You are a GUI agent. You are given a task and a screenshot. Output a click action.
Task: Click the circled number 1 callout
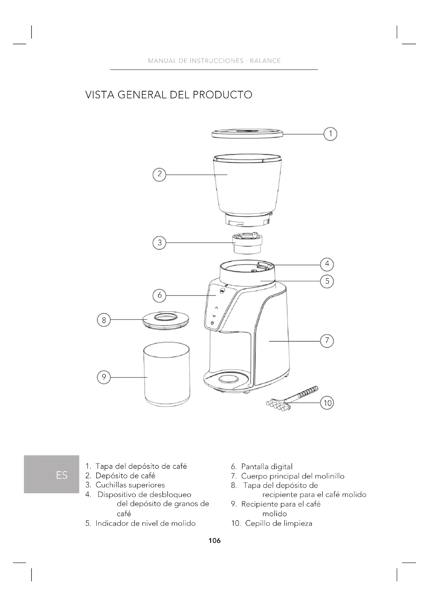[x=330, y=134]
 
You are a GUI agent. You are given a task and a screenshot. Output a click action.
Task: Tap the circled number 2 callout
[x=160, y=174]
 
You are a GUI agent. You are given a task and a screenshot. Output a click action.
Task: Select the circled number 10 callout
[x=327, y=403]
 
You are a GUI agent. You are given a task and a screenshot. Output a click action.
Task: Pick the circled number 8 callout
[x=104, y=320]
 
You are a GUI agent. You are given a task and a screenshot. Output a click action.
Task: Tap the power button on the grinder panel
[x=212, y=323]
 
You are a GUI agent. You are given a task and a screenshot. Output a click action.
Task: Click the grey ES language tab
[x=52, y=474]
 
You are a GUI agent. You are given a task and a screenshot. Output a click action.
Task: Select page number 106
[x=214, y=541]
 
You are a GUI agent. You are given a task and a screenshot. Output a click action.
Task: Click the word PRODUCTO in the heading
[x=223, y=95]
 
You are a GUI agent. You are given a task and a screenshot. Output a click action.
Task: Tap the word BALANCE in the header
[x=265, y=61]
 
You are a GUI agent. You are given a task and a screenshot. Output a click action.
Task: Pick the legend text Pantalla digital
[x=267, y=467]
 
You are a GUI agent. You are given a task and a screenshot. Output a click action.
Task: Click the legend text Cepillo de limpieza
[x=279, y=523]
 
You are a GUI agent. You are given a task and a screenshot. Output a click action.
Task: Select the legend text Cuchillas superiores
[x=130, y=485]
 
